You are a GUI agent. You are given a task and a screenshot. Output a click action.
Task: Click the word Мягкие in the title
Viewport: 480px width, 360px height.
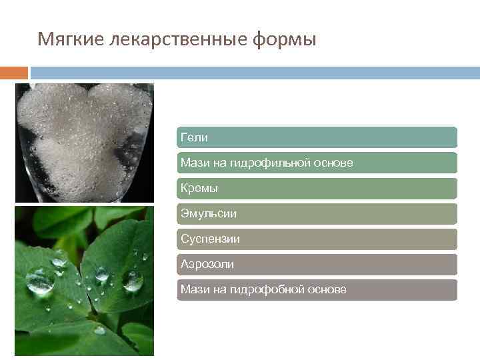click(x=65, y=41)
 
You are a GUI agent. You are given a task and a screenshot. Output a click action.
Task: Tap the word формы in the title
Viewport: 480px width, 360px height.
click(x=285, y=41)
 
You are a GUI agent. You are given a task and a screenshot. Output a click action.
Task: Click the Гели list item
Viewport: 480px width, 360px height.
click(x=317, y=137)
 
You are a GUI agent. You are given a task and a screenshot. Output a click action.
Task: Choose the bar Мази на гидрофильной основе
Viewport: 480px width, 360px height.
click(x=317, y=163)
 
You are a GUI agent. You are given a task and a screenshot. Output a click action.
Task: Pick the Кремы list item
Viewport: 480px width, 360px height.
click(x=317, y=189)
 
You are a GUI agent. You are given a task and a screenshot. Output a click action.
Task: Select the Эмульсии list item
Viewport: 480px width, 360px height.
click(x=317, y=214)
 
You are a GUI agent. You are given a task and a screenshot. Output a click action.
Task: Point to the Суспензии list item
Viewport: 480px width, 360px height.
click(x=317, y=239)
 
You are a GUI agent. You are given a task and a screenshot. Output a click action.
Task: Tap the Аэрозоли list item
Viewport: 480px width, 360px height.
click(x=317, y=265)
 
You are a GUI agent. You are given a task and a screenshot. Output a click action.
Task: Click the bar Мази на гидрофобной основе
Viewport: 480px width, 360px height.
click(x=317, y=290)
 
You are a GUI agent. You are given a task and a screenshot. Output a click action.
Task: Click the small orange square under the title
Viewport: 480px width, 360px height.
click(x=14, y=73)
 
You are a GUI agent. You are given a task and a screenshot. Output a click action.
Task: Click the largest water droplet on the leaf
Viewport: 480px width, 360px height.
click(x=41, y=279)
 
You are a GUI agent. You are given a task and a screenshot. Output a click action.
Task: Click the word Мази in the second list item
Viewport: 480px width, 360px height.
click(x=194, y=163)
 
